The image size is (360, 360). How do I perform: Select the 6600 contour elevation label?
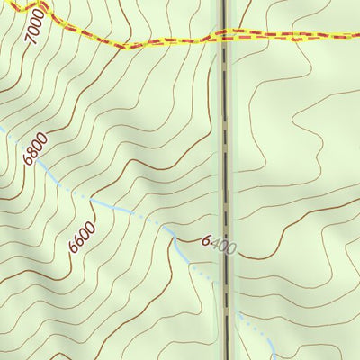81,238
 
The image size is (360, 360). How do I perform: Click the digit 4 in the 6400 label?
215,244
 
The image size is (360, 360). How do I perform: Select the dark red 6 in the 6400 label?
206,240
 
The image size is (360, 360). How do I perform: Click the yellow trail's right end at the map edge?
357,35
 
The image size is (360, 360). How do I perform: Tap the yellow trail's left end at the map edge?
2,2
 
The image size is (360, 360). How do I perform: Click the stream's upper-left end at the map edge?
2,128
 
